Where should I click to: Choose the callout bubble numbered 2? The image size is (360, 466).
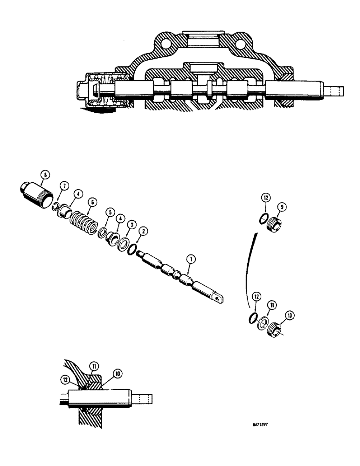[x=145, y=231]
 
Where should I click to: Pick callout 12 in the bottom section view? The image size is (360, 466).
[x=65, y=379]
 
